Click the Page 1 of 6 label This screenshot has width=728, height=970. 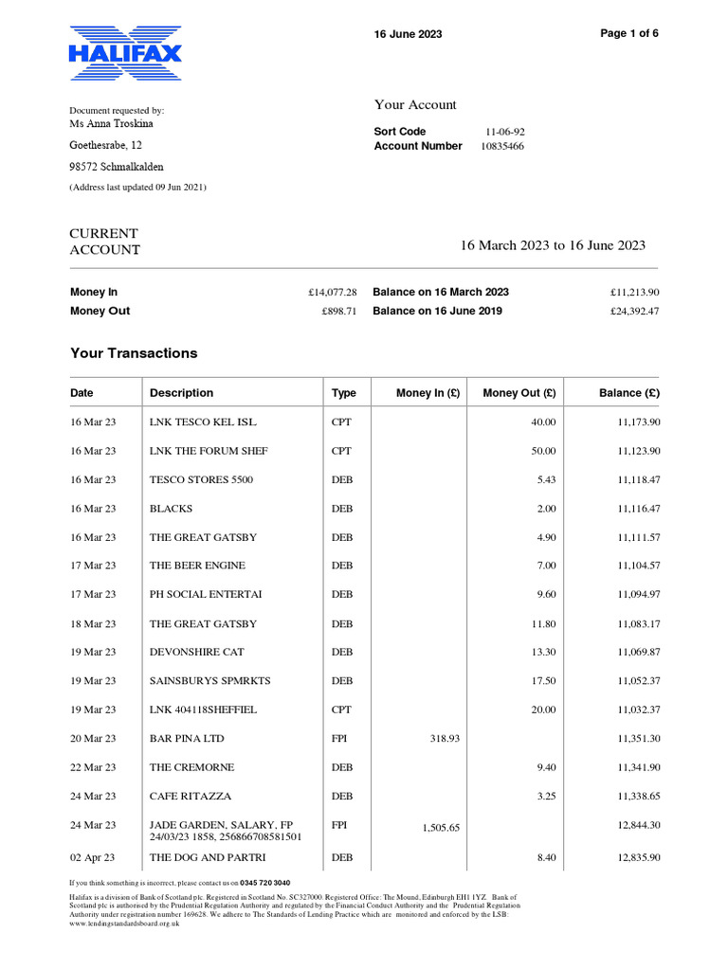[x=629, y=33]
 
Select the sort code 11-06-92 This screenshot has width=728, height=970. [x=505, y=132]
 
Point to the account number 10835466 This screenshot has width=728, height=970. [x=502, y=146]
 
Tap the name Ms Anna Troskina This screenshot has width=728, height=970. [x=112, y=123]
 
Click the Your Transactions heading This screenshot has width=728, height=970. [x=134, y=353]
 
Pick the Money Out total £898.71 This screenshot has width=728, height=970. [x=338, y=311]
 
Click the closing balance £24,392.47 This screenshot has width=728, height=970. [x=634, y=311]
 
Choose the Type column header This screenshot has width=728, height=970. [x=343, y=393]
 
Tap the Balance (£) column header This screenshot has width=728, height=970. [x=629, y=393]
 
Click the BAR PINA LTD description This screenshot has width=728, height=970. [x=187, y=738]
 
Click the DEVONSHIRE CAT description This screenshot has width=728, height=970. [x=196, y=652]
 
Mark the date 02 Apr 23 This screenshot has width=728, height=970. [x=93, y=857]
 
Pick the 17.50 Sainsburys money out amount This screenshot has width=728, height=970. [x=544, y=680]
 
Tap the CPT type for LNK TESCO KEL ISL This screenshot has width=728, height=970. [x=341, y=422]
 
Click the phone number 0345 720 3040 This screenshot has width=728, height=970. [x=265, y=883]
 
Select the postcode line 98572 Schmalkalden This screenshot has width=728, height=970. [x=116, y=167]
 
